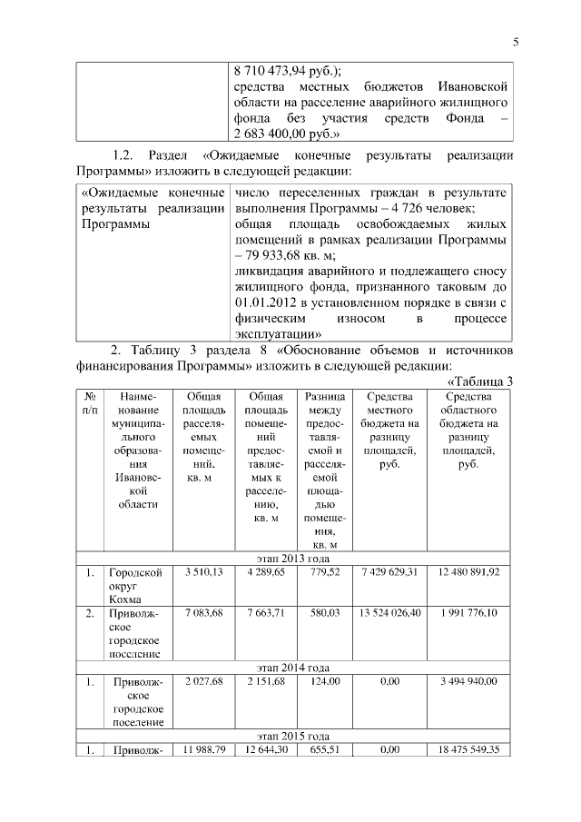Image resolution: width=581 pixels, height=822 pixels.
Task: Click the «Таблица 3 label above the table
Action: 480,381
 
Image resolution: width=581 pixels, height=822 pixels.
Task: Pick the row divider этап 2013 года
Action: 294,558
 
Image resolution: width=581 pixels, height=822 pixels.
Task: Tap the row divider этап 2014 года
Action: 294,668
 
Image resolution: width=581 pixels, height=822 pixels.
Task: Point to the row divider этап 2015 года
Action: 294,736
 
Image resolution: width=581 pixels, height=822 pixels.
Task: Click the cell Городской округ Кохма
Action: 136,586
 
